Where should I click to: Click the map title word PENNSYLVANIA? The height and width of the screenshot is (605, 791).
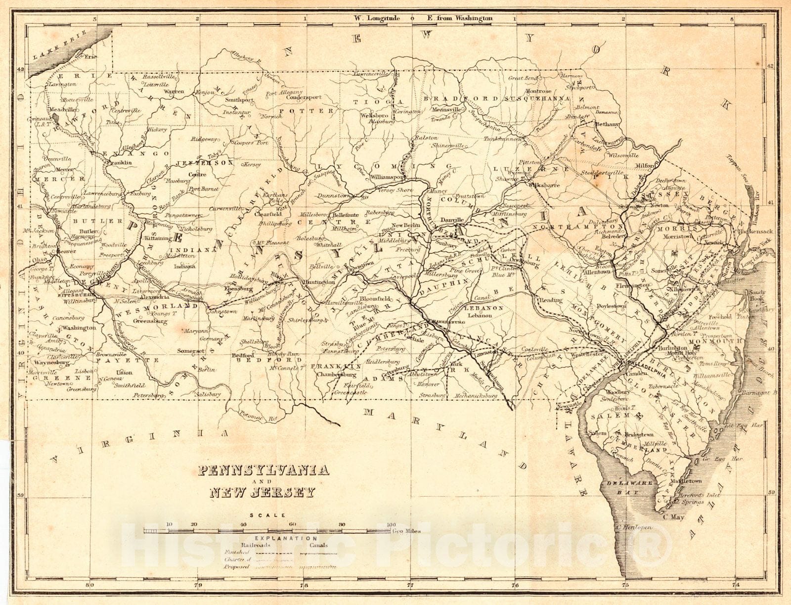pos(264,469)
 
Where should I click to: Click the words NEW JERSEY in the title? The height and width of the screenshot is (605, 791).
pos(262,493)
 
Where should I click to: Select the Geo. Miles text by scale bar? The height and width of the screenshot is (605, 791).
pos(407,532)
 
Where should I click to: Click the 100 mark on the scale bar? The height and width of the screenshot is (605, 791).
pos(391,524)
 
